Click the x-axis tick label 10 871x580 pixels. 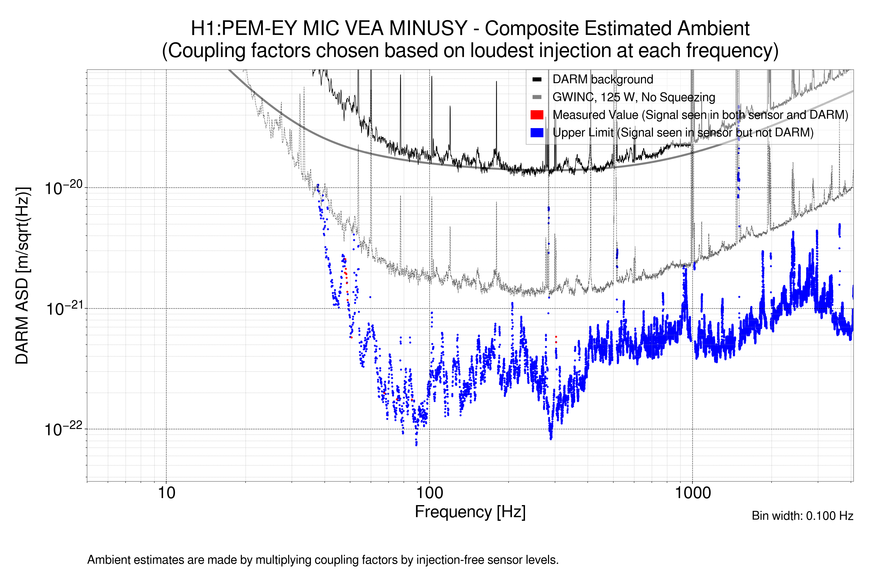166,493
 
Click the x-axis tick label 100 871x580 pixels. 430,493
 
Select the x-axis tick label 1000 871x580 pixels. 692,493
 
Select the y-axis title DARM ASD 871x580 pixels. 22,275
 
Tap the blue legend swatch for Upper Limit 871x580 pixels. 537,132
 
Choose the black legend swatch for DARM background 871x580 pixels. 537,80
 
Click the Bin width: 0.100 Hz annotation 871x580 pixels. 802,516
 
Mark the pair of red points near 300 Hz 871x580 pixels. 556,340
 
